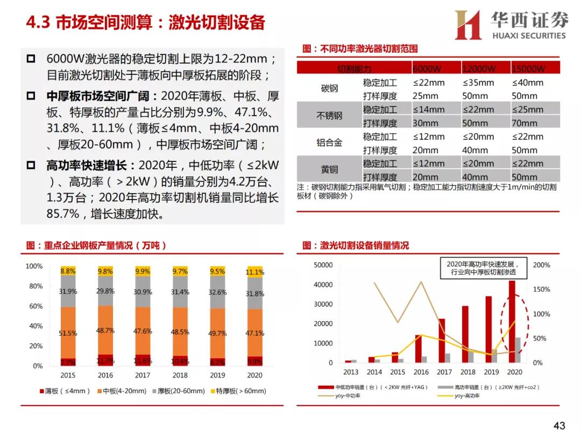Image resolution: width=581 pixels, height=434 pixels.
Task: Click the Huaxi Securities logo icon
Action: coord(467,25)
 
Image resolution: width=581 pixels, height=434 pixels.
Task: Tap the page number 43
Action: coord(559,425)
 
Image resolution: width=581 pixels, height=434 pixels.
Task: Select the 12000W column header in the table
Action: coord(479,69)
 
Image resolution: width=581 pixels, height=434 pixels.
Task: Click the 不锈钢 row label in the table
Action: coord(329,116)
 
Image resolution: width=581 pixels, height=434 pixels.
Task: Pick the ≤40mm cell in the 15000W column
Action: coord(527,83)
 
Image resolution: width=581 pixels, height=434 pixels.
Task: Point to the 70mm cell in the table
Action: coord(524,123)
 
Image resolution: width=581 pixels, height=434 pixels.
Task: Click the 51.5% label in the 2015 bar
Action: coord(68,333)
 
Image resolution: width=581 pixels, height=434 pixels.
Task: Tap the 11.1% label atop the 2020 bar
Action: coord(255,273)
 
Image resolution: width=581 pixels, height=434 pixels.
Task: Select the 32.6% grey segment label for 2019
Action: coord(217,293)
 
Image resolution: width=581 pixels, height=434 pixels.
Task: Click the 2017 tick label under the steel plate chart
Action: coord(143,375)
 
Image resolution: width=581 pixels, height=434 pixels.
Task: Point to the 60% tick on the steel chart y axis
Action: coord(34,306)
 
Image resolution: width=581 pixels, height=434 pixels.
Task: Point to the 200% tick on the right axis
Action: coord(541,265)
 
